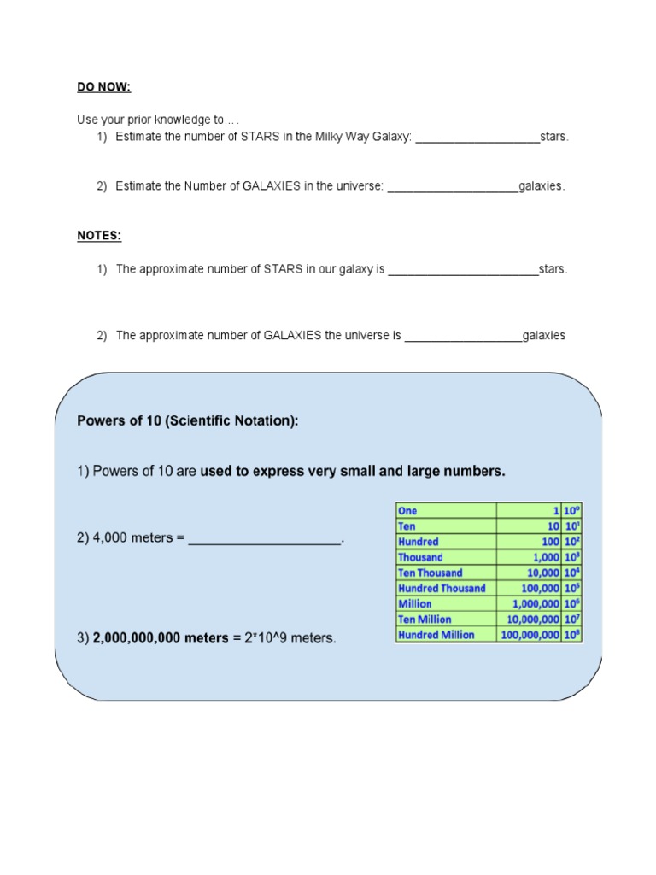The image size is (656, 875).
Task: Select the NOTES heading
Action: (99, 235)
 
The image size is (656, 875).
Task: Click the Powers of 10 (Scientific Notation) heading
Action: (188, 420)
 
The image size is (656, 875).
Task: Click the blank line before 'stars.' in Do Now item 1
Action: (477, 138)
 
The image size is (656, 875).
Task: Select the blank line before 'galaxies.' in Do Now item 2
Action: (453, 186)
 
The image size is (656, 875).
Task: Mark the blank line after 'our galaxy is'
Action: (463, 270)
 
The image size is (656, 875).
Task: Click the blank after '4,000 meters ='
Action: (264, 540)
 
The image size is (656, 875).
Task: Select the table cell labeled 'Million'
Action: (417, 603)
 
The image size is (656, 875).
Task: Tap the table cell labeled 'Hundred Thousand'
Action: (442, 588)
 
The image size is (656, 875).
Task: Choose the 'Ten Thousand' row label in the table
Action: (430, 573)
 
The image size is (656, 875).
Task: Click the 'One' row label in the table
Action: (408, 510)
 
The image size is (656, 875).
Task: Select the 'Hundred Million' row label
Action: (436, 635)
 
